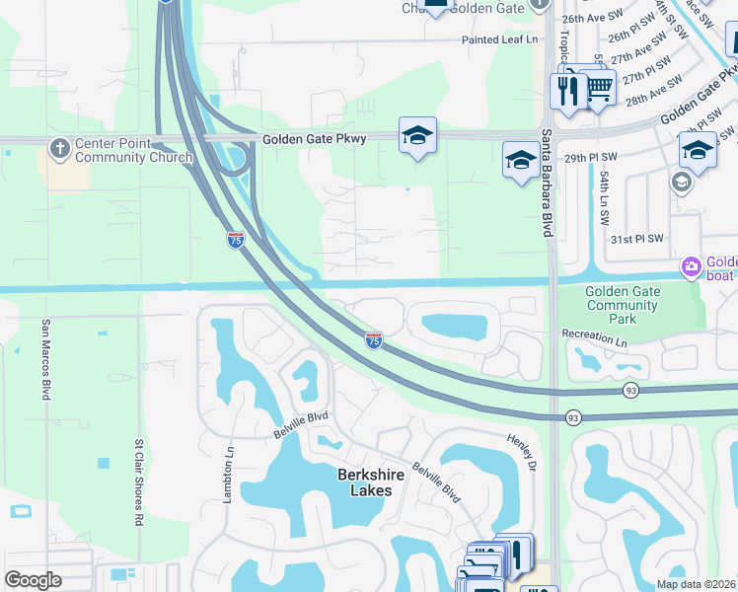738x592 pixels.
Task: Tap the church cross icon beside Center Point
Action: [59, 148]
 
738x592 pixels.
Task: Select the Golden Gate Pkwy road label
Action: [314, 139]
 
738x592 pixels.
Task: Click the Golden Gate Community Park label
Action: [622, 305]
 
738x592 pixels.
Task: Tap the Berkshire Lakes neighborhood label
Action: [357, 482]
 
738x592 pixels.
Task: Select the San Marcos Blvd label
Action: [45, 359]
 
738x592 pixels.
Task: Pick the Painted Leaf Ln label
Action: [501, 40]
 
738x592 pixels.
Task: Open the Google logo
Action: [34, 579]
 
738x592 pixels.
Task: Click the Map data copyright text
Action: [694, 584]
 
